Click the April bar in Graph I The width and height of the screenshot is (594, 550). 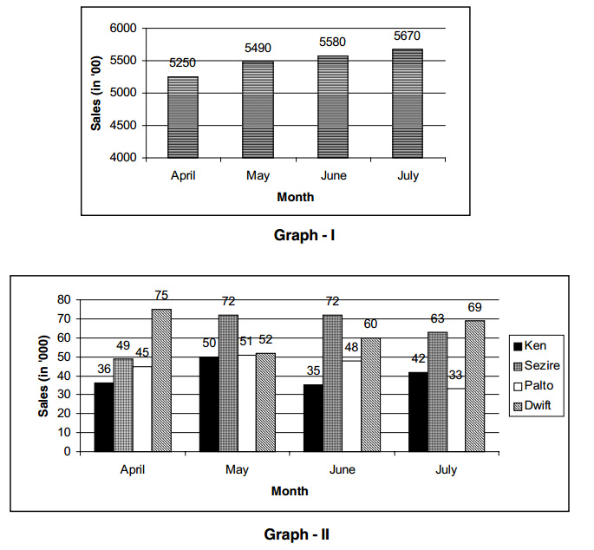(182, 117)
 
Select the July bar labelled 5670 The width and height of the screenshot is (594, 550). (408, 103)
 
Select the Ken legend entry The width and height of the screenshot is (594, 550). (535, 345)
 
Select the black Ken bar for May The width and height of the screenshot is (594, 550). (209, 403)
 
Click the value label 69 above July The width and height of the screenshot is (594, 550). (474, 308)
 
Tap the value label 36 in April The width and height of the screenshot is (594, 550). (104, 370)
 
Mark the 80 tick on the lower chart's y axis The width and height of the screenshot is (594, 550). (62, 299)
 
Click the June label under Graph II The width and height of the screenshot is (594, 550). (341, 469)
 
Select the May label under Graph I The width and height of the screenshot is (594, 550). (258, 176)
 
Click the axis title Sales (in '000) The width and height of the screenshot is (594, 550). (42, 374)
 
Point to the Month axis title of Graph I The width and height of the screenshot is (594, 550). (295, 197)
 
